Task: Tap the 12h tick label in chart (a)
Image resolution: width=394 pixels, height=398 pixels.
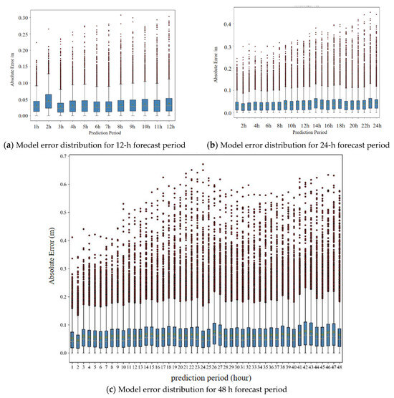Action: tap(169, 126)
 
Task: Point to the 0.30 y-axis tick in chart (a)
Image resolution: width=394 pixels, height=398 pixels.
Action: tap(23, 16)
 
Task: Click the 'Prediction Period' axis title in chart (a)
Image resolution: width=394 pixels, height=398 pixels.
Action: tap(103, 132)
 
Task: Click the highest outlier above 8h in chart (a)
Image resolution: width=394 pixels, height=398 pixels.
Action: tap(121, 14)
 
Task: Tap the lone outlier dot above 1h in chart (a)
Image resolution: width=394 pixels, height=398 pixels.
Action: tap(37, 42)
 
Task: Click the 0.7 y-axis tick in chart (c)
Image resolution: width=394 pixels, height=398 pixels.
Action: tap(58, 156)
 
